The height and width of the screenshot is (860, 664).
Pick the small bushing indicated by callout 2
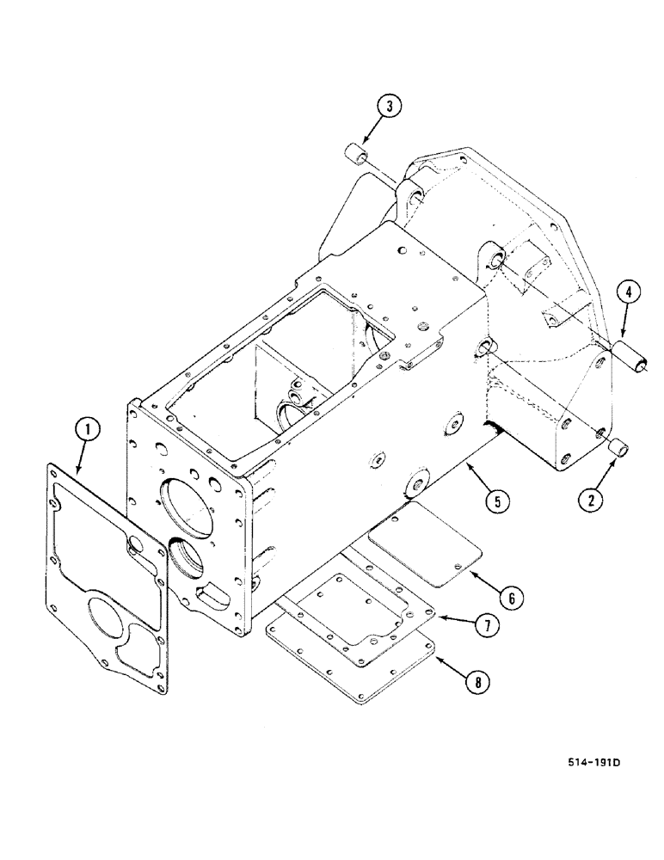[621, 448]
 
